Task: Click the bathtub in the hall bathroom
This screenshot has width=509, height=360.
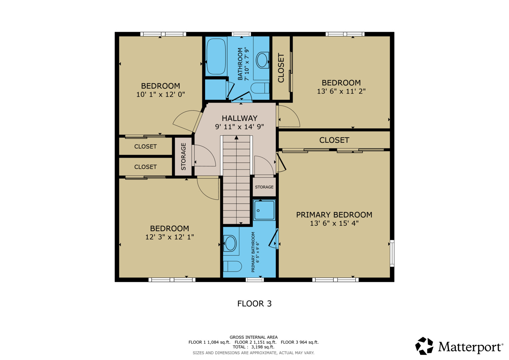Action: pos(216,56)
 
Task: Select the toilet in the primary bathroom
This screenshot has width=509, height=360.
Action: pos(232,266)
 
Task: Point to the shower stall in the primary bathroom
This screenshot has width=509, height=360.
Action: pos(264,210)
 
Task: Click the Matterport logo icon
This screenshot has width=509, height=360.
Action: pos(424,346)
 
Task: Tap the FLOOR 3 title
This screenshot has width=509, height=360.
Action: pos(254,304)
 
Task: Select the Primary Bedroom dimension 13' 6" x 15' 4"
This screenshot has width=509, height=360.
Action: pos(334,223)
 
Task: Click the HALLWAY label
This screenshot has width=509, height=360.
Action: pos(240,118)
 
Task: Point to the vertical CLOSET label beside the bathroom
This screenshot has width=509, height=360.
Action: pos(281,68)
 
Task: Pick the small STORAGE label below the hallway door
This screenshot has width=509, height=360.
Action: pos(264,187)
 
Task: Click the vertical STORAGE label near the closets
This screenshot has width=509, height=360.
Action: pos(183,157)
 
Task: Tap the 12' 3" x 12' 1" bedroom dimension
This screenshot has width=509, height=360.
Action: pos(170,237)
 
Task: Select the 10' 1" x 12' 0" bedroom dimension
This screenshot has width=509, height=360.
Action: pos(160,94)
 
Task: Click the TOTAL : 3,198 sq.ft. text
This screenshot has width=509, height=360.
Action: pos(253,347)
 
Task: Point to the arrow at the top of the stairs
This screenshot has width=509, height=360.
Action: pos(236,137)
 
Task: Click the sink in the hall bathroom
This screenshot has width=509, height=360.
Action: pos(262,60)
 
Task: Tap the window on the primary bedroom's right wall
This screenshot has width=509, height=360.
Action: pos(392,253)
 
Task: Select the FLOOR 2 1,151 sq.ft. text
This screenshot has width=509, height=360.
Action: pos(255,342)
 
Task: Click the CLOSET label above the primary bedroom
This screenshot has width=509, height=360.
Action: pos(334,140)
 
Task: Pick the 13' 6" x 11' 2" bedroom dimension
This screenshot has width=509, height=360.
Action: pos(341,91)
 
